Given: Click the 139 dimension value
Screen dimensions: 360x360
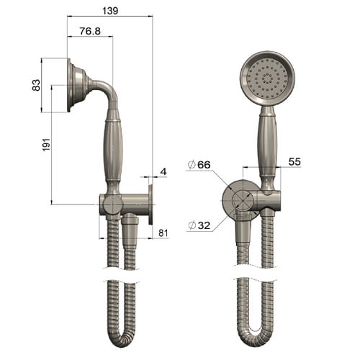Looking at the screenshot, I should point(110,10).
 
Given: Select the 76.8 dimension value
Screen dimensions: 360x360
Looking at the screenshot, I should point(89,31).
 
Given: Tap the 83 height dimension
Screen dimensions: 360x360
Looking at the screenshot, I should point(35,85).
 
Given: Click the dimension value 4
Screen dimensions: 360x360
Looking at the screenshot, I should point(163,171).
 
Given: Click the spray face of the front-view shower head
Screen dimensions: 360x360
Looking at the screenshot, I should point(266,78).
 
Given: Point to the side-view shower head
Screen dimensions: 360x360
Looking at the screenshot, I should point(77,86).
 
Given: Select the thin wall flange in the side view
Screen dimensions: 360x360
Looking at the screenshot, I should point(151,204).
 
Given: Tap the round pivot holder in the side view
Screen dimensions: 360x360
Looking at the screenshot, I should point(111,204).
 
